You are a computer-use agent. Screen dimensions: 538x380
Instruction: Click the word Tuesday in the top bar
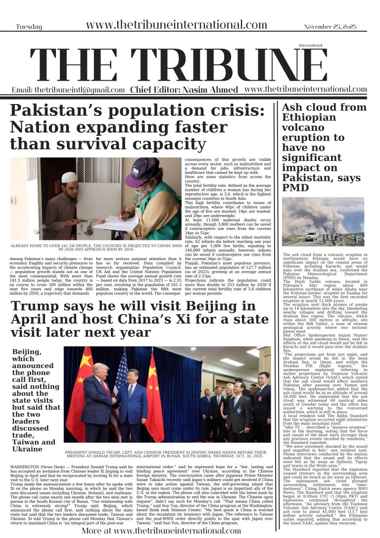coord(29,27)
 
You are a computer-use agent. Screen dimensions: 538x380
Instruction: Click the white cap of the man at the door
coord(69,177)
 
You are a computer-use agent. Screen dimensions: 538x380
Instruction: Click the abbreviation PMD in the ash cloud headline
coord(295,188)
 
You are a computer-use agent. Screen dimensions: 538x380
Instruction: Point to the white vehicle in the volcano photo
coord(311,236)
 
